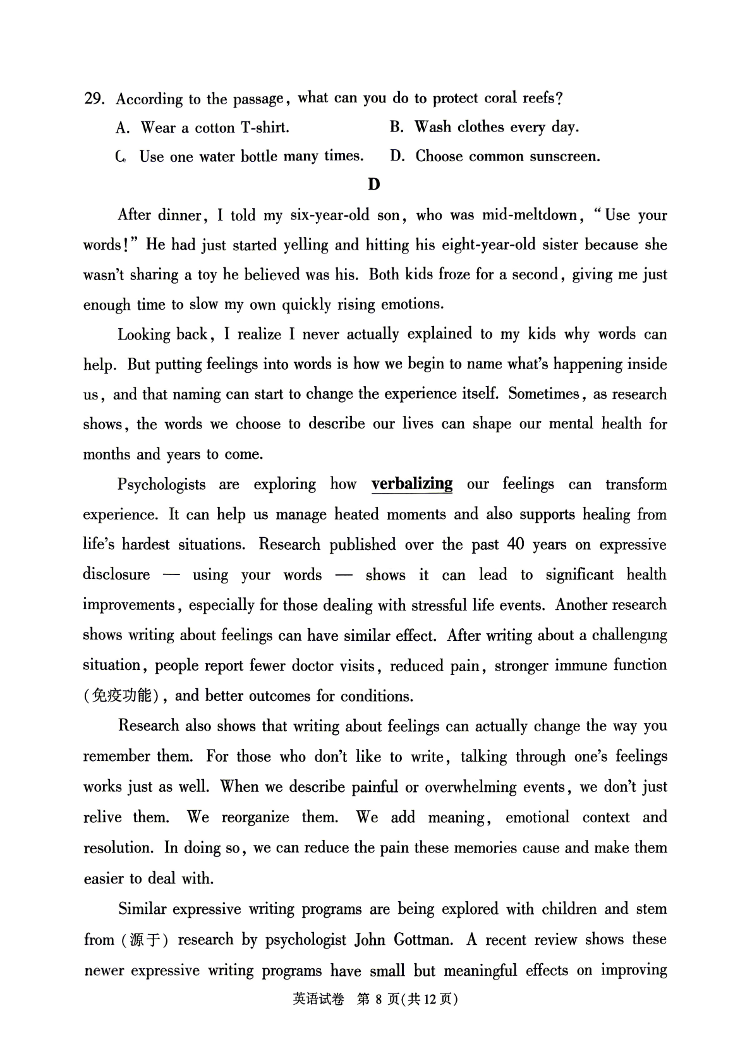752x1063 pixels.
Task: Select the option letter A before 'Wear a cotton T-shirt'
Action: point(122,128)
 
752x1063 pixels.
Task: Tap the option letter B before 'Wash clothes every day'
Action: point(396,127)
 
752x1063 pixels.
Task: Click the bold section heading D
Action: point(374,185)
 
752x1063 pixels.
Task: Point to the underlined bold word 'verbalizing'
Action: point(412,484)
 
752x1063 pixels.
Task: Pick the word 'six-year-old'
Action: point(329,215)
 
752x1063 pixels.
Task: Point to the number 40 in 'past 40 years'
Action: point(516,544)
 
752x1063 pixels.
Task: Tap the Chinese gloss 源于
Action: point(145,940)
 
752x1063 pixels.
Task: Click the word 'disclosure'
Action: point(116,574)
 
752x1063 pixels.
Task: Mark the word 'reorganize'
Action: point(255,817)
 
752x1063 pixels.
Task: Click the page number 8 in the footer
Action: point(379,999)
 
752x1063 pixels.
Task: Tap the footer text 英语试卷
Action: point(318,999)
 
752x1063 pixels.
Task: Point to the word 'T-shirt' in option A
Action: point(265,128)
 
